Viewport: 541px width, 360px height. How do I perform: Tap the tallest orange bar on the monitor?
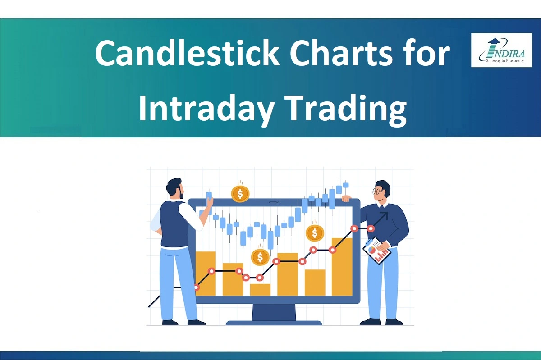342,266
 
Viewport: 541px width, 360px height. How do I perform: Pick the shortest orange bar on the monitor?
260,289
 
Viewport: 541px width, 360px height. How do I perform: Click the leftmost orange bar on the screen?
205,273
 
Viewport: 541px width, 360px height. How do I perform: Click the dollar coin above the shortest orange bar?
260,257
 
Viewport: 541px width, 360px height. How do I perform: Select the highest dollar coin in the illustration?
240,194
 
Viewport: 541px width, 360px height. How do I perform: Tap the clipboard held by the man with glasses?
377,251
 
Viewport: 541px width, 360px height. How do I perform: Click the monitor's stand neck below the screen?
274,311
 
